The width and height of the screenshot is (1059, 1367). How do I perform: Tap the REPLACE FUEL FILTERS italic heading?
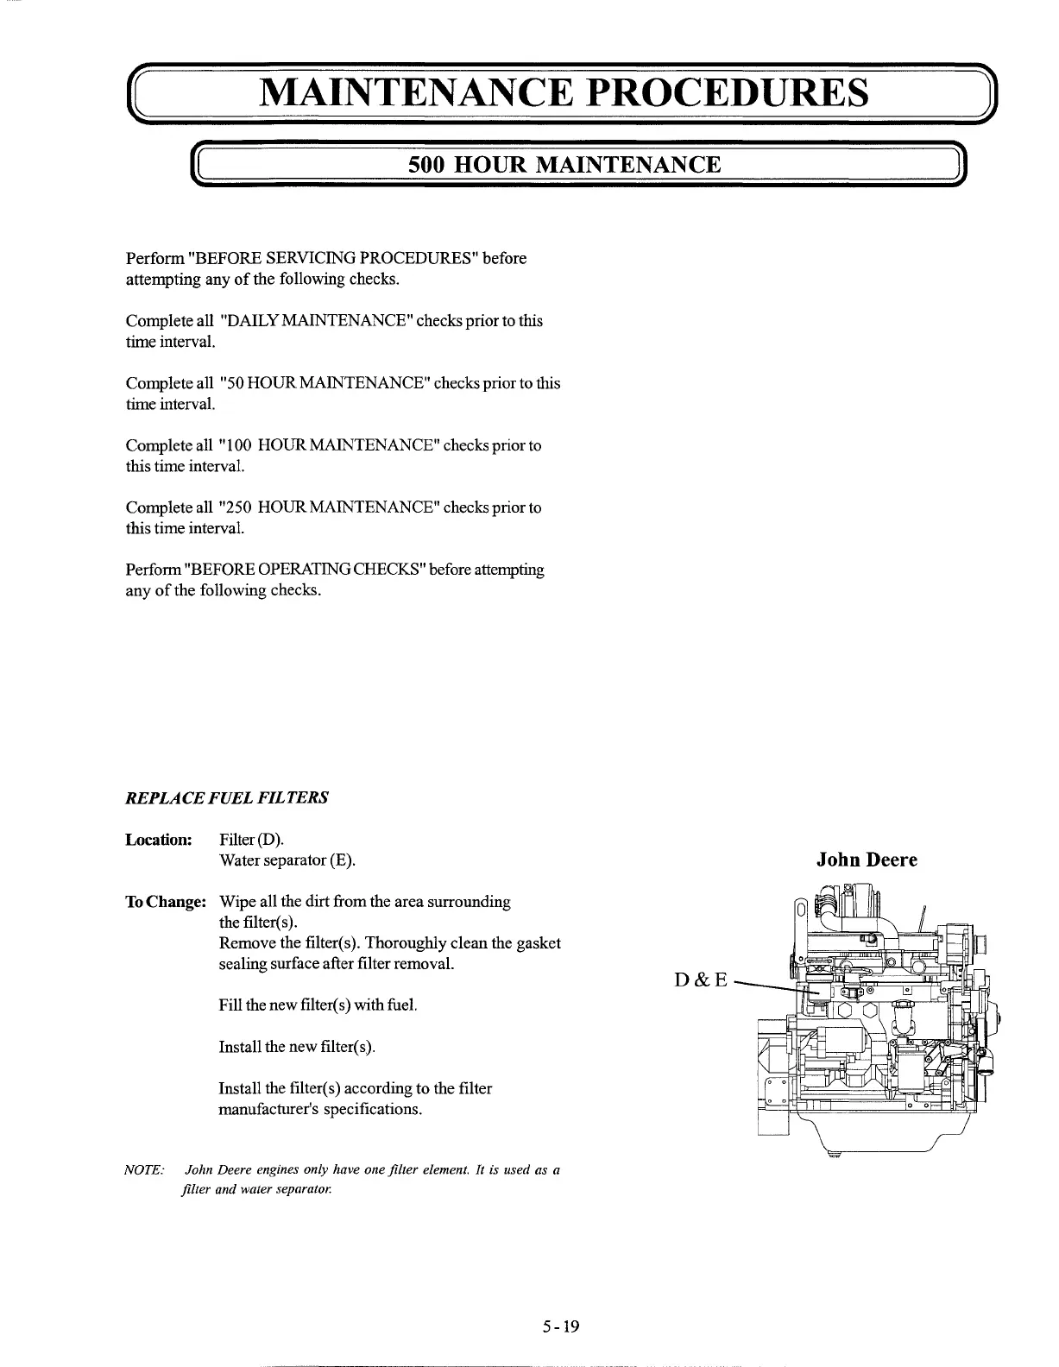pos(226,797)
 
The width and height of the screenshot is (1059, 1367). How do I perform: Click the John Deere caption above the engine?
pos(867,860)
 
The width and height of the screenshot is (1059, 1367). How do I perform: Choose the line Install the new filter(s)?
pos(297,1047)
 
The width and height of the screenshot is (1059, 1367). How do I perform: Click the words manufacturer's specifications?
pos(320,1109)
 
